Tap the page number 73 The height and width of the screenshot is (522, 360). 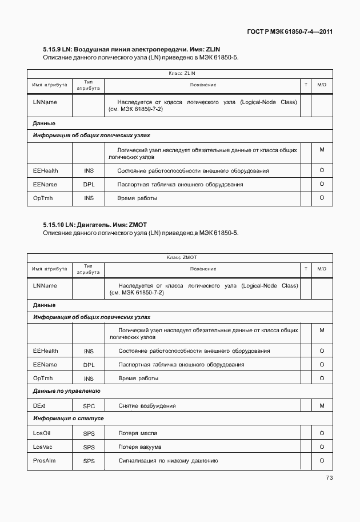coord(329,478)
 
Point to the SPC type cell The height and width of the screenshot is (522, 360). coord(89,406)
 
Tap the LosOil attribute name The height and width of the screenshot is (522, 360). coord(42,433)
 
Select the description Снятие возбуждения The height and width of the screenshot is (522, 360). coord(147,406)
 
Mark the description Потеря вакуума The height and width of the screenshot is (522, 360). coord(140,447)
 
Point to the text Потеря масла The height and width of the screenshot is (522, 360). coord(138,433)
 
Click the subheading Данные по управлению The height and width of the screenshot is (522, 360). coord(67,392)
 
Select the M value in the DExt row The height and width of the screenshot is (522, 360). coord(322,405)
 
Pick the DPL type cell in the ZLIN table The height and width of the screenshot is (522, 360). coord(89,185)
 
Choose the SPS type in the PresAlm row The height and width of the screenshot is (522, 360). coord(89,461)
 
